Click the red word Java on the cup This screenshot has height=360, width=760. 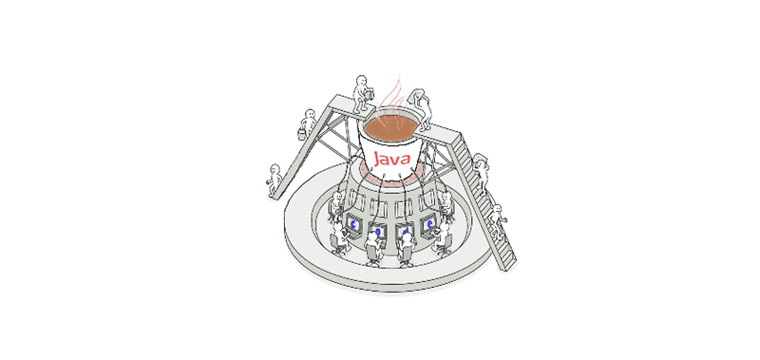(392, 159)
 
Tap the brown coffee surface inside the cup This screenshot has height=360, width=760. (390, 127)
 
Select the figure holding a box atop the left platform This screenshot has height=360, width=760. (362, 94)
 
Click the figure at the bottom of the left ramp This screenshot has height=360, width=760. (275, 180)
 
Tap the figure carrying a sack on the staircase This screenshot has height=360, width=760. (481, 172)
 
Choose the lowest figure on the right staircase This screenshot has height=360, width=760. (497, 221)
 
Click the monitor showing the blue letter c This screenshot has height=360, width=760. (353, 224)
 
